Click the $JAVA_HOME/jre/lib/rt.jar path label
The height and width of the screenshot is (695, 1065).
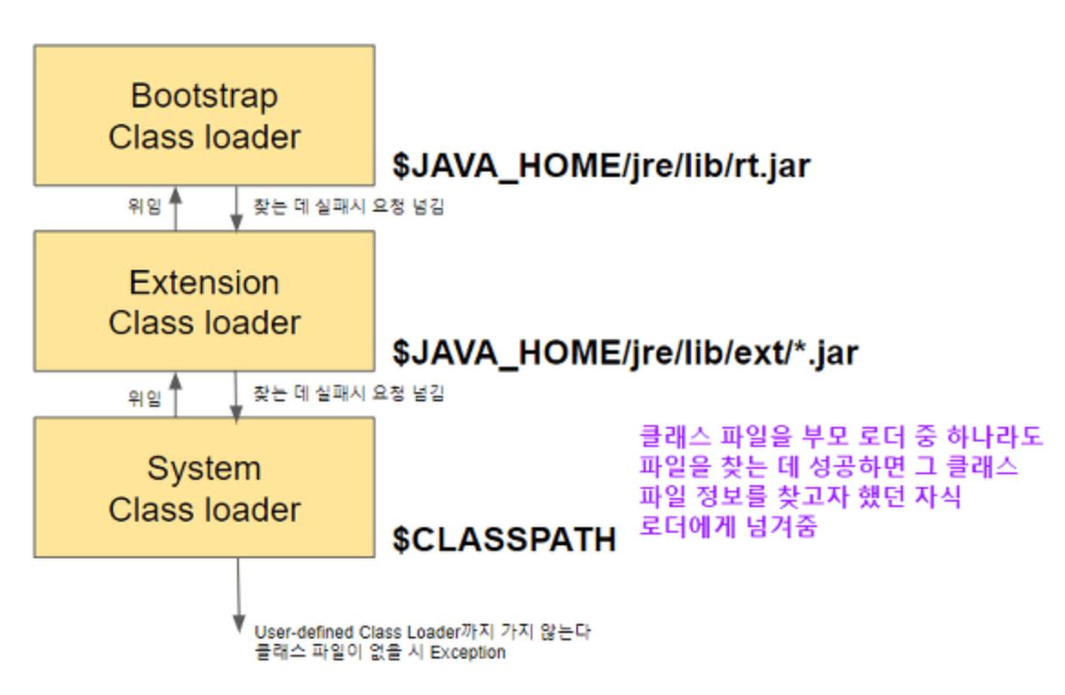[601, 166]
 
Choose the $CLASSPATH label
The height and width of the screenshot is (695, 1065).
[504, 539]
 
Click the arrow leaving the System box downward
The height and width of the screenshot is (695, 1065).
[238, 593]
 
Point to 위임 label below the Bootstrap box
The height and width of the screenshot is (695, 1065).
[143, 206]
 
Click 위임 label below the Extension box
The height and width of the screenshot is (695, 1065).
[143, 397]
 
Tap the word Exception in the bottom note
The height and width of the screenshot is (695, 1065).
[468, 652]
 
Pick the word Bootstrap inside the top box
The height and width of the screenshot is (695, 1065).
[204, 96]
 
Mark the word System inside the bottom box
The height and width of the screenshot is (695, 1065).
[204, 469]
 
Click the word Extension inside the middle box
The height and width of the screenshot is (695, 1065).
[204, 283]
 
